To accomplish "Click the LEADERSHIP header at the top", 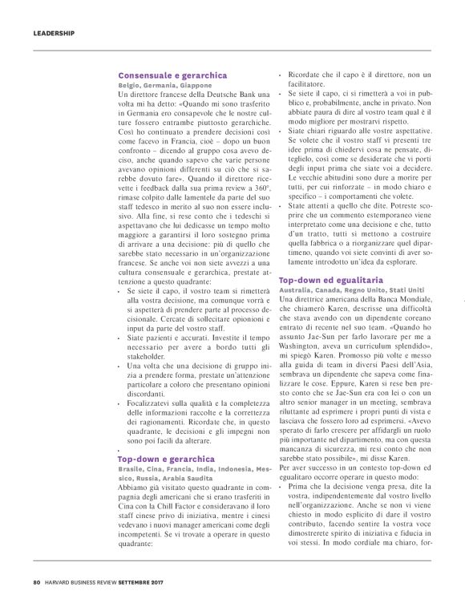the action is tap(54, 34).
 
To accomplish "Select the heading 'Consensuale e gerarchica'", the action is tap(172, 75).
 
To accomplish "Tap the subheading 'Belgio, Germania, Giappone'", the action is tap(164, 85).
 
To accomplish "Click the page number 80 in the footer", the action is tap(36, 582).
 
